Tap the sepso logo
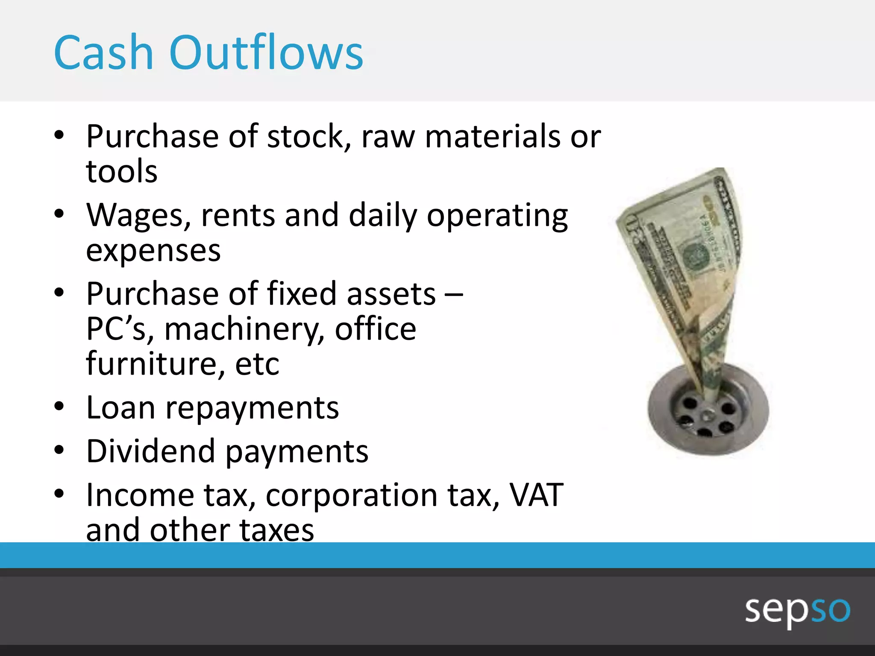tap(797, 610)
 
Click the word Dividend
tap(150, 451)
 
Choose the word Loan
tap(120, 407)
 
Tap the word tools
tap(122, 172)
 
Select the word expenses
tap(153, 251)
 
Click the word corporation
tap(351, 496)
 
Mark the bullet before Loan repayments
tap(59, 407)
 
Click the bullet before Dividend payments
tap(59, 451)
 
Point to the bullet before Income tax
tap(59, 494)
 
